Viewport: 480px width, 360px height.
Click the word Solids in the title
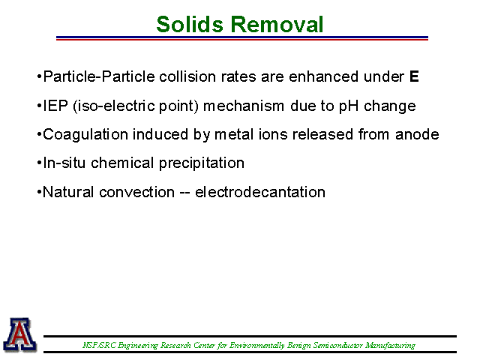click(x=190, y=24)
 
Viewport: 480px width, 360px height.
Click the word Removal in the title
click(x=277, y=24)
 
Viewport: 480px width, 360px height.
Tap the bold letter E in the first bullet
click(x=414, y=76)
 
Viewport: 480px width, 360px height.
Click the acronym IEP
click(x=55, y=106)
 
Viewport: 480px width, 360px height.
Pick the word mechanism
click(x=244, y=106)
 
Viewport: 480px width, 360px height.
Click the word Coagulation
click(x=85, y=135)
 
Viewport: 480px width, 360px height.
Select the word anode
click(x=417, y=135)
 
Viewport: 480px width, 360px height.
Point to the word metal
click(x=234, y=135)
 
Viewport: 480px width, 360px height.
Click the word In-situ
click(x=64, y=163)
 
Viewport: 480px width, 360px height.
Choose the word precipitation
click(x=202, y=163)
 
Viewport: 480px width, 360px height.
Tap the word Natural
click(x=68, y=192)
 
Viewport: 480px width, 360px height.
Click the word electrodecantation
click(x=260, y=192)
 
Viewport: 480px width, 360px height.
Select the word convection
click(x=136, y=192)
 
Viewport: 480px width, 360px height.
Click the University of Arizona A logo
click(x=20, y=334)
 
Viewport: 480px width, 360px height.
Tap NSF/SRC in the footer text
click(x=100, y=346)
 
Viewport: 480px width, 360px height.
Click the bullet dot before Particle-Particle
click(x=39, y=76)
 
